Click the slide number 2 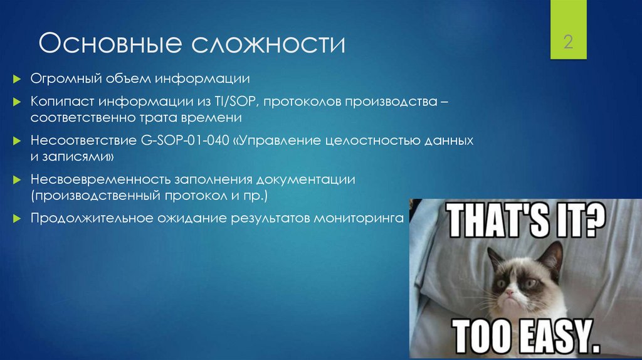click(x=569, y=44)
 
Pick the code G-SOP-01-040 click(x=186, y=140)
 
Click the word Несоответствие click(x=82, y=140)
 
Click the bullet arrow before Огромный click(x=17, y=80)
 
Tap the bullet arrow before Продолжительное click(x=17, y=218)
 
